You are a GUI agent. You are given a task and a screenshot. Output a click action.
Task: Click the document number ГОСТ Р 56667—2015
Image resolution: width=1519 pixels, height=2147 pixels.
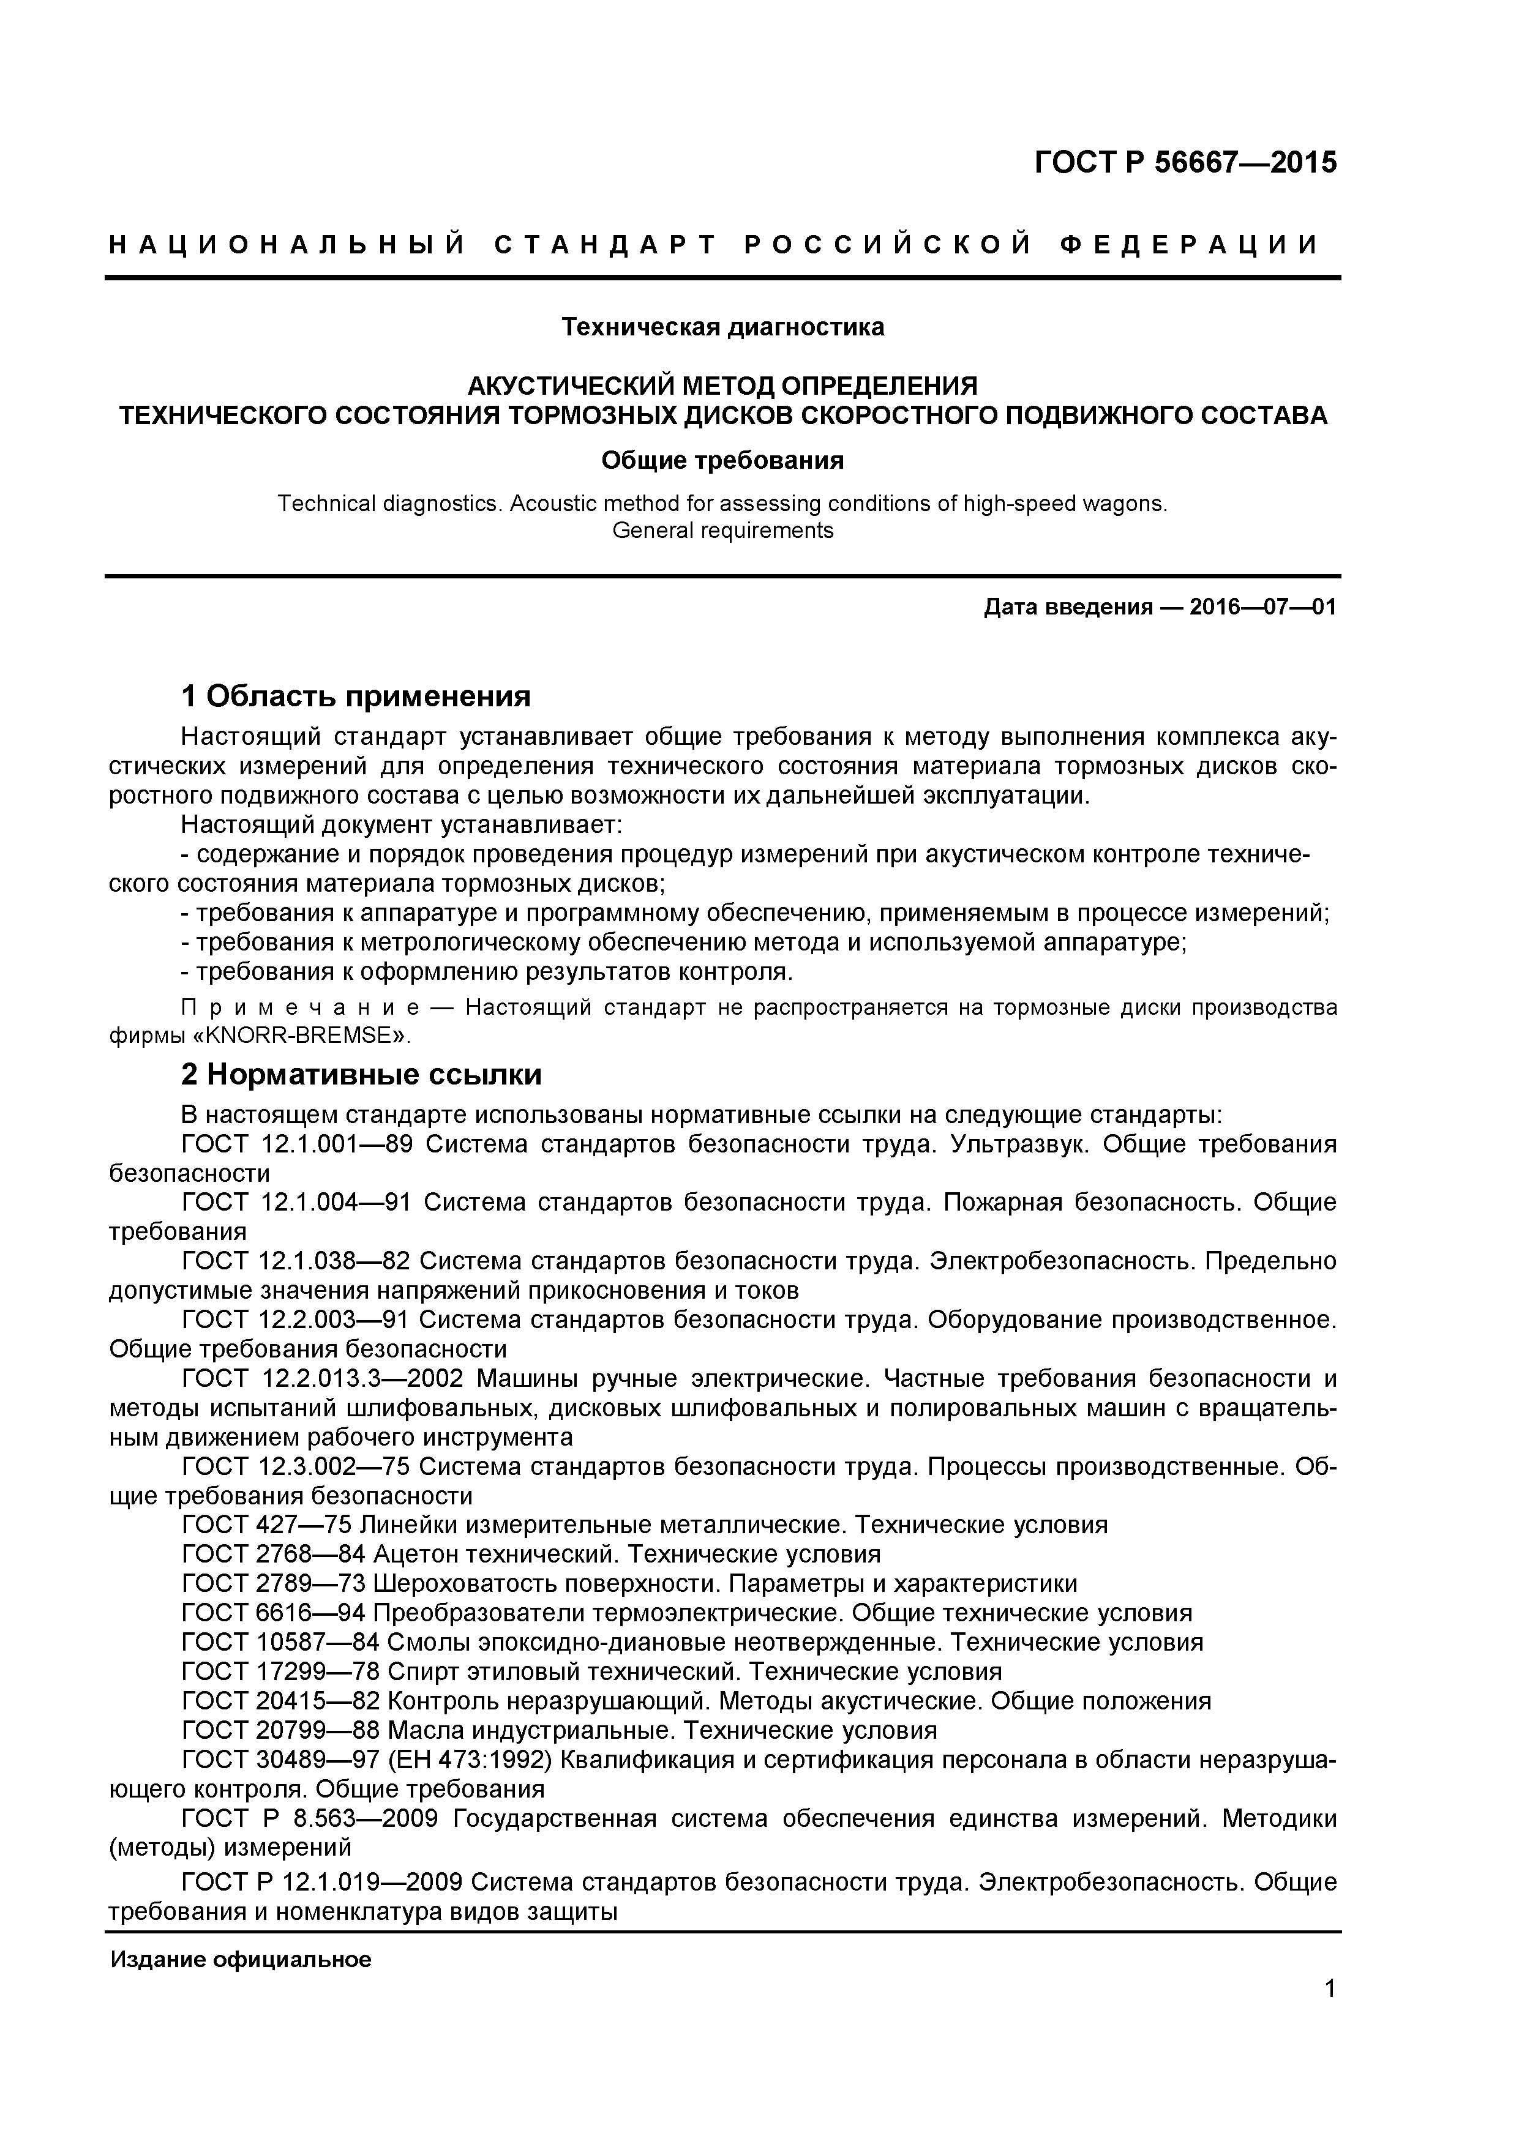click(x=1185, y=163)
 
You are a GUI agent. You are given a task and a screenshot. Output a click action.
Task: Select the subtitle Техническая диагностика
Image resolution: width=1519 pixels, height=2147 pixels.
click(x=722, y=327)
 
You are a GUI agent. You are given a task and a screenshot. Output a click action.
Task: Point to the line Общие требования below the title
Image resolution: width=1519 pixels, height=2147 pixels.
click(x=722, y=460)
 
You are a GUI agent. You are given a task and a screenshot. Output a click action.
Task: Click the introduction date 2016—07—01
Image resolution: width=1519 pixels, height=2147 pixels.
click(x=1262, y=607)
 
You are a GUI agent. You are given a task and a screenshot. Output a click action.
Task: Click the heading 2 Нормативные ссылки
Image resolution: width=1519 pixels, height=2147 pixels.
click(x=361, y=1075)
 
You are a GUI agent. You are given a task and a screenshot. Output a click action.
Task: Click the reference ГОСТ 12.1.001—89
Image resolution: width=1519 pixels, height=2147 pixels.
click(x=296, y=1144)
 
